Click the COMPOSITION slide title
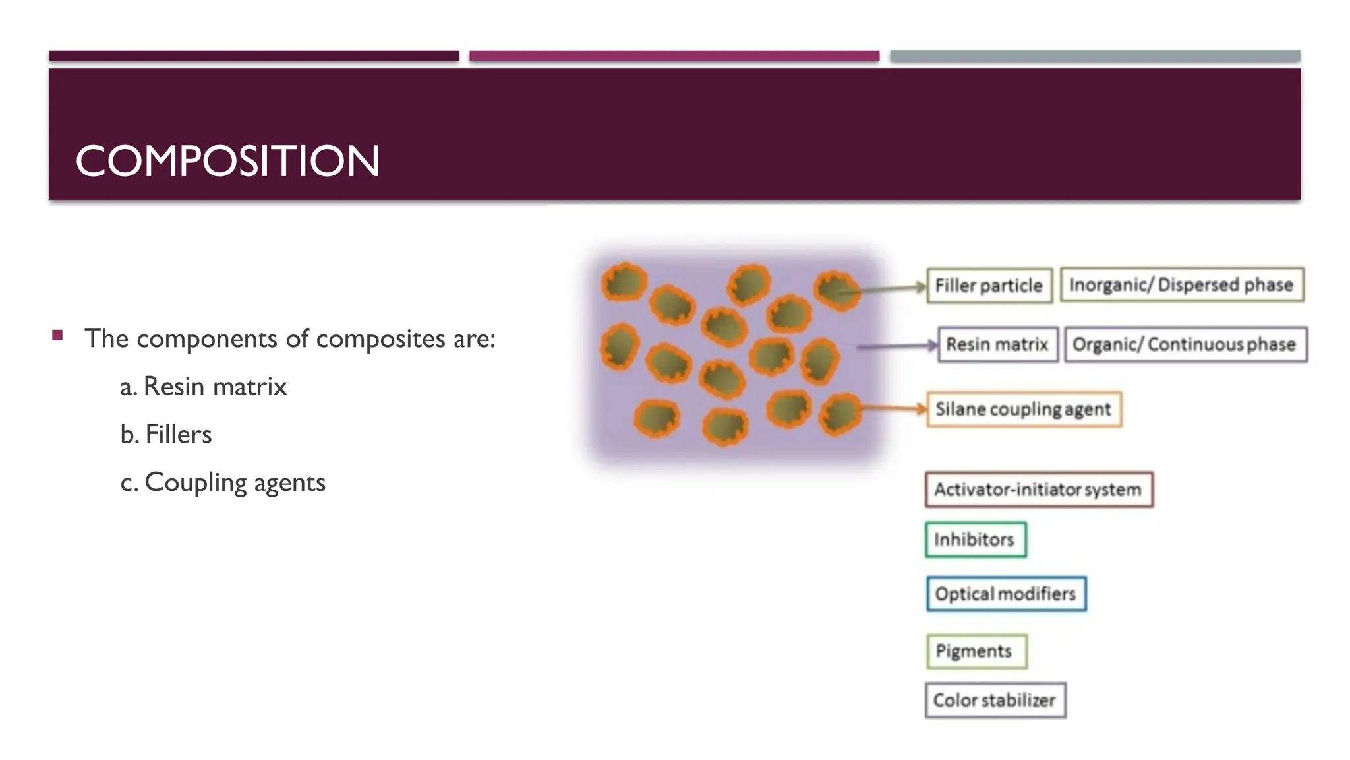[227, 161]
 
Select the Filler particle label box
[989, 286]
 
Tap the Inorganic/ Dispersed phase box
[1181, 285]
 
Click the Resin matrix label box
[997, 344]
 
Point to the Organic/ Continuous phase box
[1185, 344]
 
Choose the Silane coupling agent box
[1024, 410]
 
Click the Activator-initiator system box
[1038, 490]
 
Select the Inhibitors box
[975, 540]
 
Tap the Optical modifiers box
[1005, 594]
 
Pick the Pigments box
[975, 651]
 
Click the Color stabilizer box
[995, 700]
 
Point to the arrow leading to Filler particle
[887, 288]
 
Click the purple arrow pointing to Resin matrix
[896, 346]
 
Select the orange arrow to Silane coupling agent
[893, 409]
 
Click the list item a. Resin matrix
[204, 387]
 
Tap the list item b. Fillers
[166, 435]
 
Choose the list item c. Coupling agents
[223, 483]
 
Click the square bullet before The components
[58, 335]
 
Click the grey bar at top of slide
[1094, 57]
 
